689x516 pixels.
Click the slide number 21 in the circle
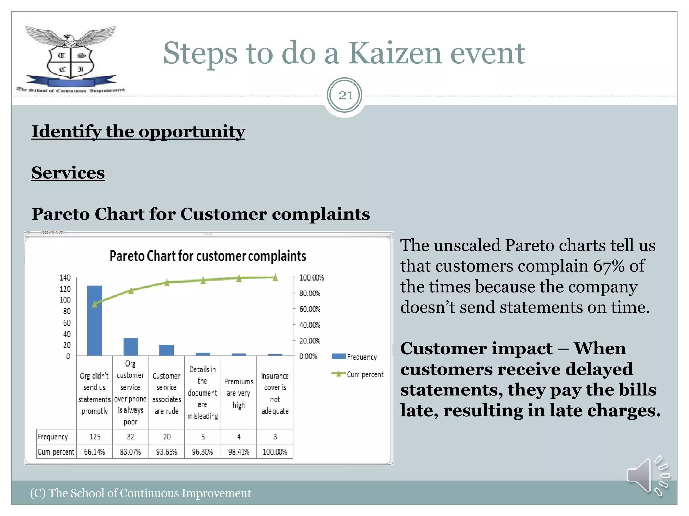(x=345, y=96)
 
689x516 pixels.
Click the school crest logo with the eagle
(x=71, y=57)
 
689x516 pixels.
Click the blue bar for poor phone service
(x=131, y=346)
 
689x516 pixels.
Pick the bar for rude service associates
(x=167, y=350)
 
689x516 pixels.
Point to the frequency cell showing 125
(x=95, y=436)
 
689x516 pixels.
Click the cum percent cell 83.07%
(x=130, y=451)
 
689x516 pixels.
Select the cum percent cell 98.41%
(x=239, y=451)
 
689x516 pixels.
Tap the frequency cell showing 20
(x=167, y=436)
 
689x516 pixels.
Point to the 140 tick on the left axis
(x=65, y=277)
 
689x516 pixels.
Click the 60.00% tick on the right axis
(x=310, y=309)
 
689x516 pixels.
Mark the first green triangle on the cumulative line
(x=95, y=304)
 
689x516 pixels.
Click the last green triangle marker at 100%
(x=275, y=277)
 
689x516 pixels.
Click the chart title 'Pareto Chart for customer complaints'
(x=208, y=256)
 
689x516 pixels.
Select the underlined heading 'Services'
(x=68, y=173)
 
